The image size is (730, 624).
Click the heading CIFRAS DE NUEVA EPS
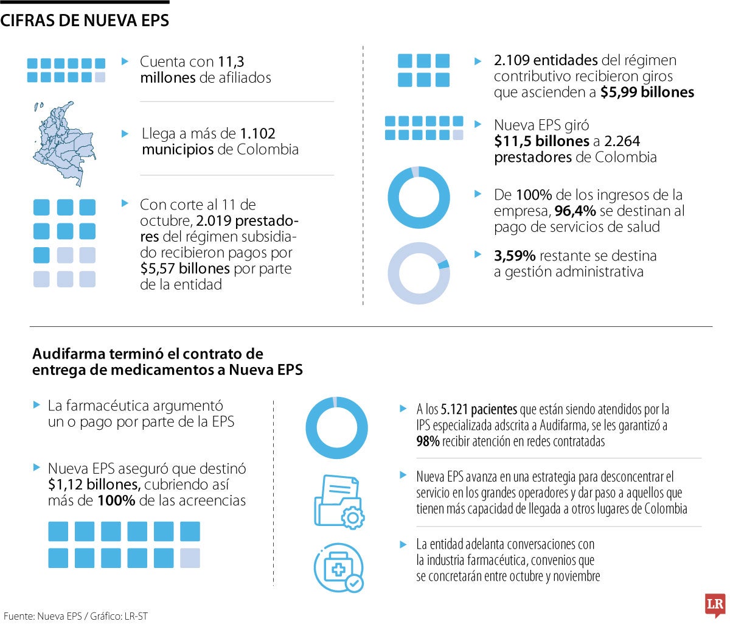pyautogui.click(x=85, y=21)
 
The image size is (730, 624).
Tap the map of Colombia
pyautogui.click(x=64, y=144)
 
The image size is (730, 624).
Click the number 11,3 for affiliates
pyautogui.click(x=231, y=61)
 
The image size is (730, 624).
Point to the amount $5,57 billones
pyautogui.click(x=184, y=268)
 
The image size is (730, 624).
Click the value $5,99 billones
pyautogui.click(x=647, y=92)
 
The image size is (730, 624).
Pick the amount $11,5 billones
pyautogui.click(x=541, y=141)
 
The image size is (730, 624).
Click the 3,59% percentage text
pyautogui.click(x=515, y=256)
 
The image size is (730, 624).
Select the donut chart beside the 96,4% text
pyautogui.click(x=419, y=197)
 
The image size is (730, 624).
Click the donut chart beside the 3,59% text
pyautogui.click(x=419, y=273)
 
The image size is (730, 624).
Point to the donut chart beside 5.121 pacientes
pyautogui.click(x=336, y=427)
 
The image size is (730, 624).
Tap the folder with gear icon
pyautogui.click(x=339, y=501)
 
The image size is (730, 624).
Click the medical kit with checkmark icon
pyautogui.click(x=339, y=568)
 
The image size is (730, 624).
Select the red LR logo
pyautogui.click(x=715, y=605)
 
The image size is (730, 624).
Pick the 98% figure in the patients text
pyautogui.click(x=428, y=441)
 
